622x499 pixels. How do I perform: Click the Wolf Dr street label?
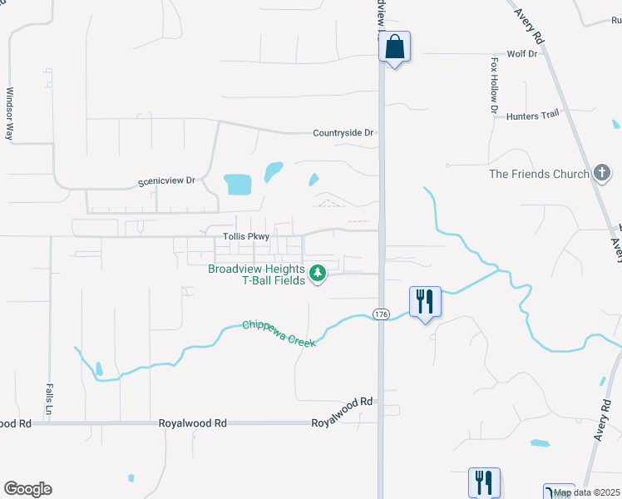point(522,53)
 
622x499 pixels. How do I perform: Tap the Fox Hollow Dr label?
point(494,85)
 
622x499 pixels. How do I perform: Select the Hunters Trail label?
point(532,116)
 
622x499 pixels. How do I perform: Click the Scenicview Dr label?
point(166,180)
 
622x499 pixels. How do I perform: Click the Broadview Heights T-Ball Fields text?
point(257,274)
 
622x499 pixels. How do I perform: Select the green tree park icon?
point(317,273)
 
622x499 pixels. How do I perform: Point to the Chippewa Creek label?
point(279,333)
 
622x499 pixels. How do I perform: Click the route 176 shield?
point(381,314)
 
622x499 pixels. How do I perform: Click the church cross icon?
point(602,173)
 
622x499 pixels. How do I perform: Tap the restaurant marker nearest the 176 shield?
point(425,301)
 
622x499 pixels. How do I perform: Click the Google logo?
point(27,489)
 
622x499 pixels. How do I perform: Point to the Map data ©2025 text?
point(587,493)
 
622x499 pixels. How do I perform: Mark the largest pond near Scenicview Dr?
point(237,183)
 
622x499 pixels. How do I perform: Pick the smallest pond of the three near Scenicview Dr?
point(313,179)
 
